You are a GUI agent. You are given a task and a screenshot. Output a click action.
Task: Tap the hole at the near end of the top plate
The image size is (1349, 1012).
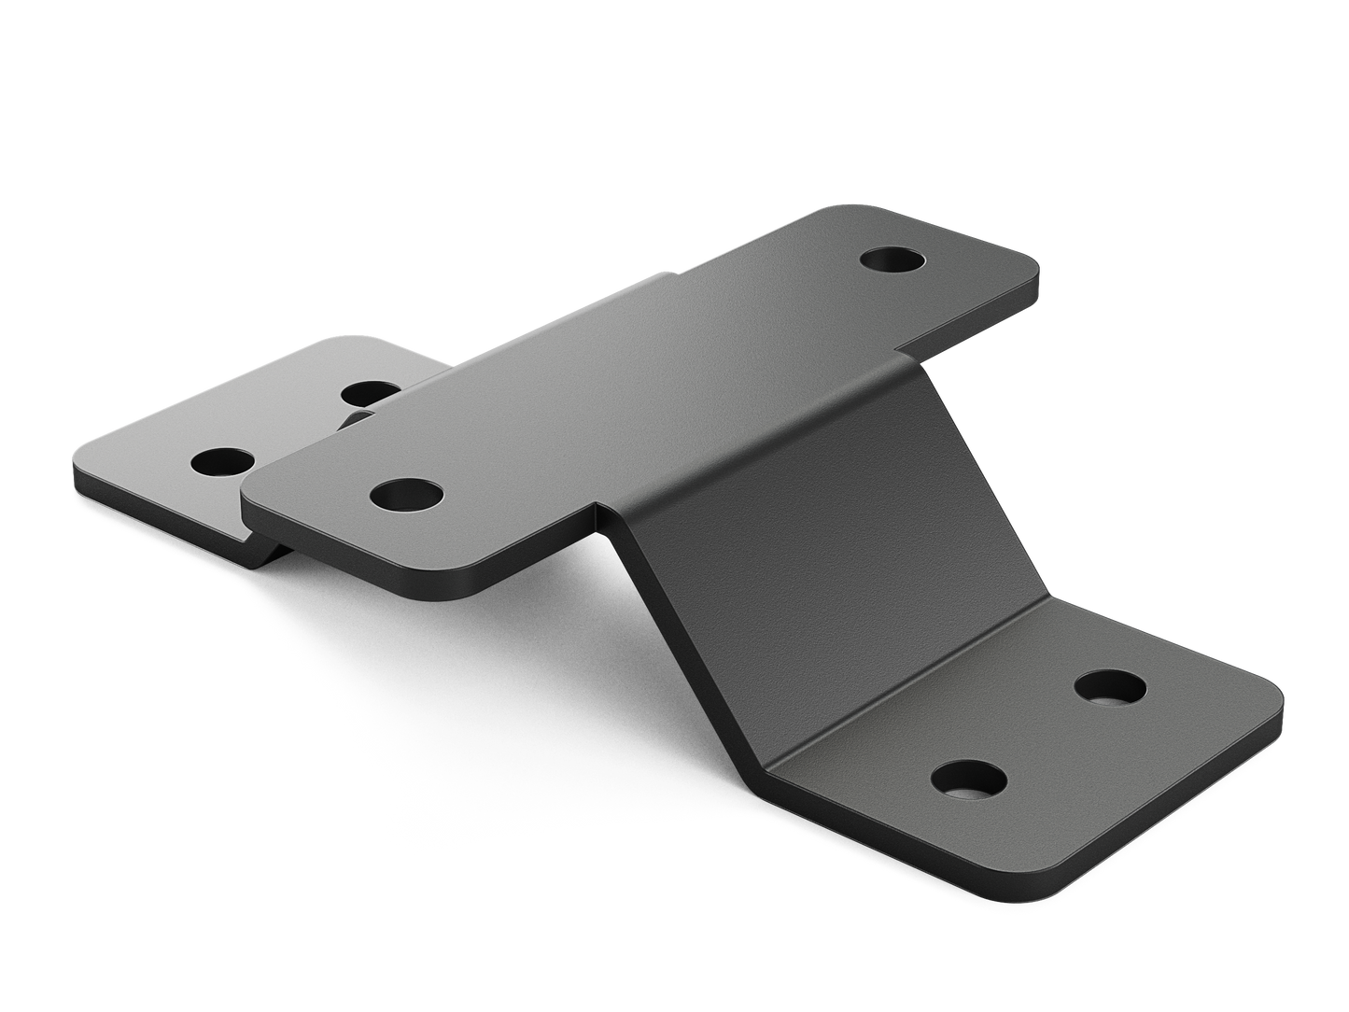click(x=406, y=494)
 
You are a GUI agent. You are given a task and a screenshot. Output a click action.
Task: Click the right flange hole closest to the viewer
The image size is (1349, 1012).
click(x=969, y=777)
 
